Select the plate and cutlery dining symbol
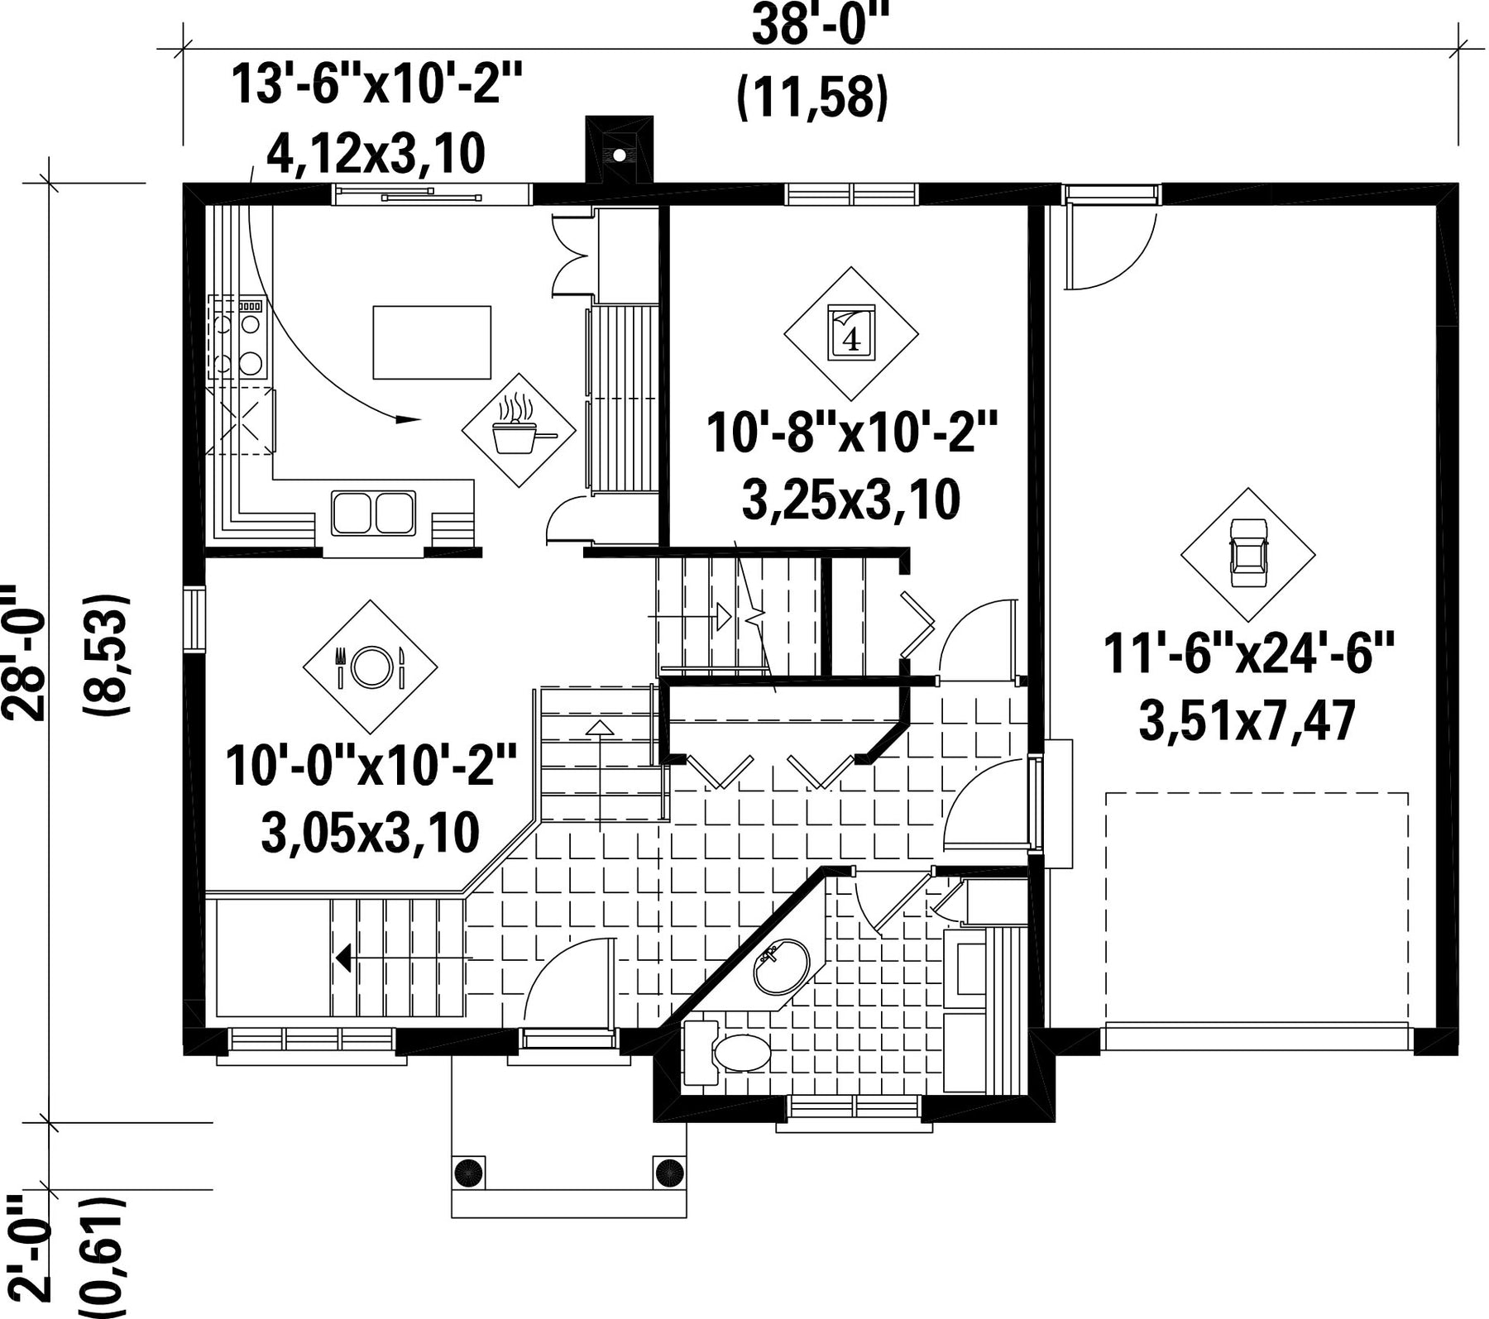point(370,666)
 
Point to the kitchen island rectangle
point(432,342)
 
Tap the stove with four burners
point(237,337)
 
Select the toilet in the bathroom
point(728,1053)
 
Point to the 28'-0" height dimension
point(22,654)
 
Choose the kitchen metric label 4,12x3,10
point(375,154)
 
